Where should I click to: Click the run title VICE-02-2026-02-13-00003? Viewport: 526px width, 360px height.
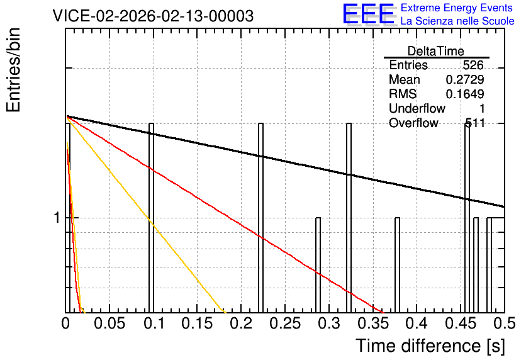[154, 16]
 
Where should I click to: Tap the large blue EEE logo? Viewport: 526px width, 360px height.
[369, 14]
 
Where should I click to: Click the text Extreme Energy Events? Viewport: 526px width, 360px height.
[457, 8]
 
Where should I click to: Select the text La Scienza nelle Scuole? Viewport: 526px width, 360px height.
[457, 21]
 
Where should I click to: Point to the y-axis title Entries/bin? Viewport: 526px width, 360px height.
[14, 70]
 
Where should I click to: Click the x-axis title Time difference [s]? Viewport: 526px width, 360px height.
[430, 346]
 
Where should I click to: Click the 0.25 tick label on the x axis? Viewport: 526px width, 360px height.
[285, 323]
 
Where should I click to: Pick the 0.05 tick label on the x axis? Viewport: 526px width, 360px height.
[109, 323]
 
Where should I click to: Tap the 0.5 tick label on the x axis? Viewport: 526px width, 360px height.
[505, 323]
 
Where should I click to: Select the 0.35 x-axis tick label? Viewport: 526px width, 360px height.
[373, 323]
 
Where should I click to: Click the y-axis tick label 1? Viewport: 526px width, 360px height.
[57, 218]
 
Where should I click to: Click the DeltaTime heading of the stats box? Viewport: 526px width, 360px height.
[436, 51]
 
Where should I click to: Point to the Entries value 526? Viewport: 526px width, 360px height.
[473, 65]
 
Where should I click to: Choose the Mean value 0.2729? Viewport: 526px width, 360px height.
[465, 79]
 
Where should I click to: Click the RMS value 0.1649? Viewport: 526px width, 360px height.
[465, 94]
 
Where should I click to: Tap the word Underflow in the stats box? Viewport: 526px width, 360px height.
[417, 108]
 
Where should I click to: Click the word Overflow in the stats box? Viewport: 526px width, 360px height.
[413, 123]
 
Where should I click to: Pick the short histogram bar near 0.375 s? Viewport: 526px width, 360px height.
[397, 265]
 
